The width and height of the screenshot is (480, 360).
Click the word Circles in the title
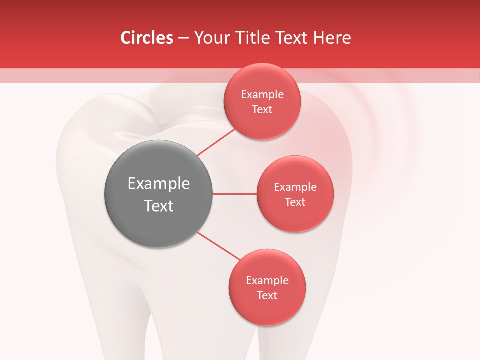147,38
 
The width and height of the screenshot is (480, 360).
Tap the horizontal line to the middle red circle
234,194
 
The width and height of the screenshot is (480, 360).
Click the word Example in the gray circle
159,184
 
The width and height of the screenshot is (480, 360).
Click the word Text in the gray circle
159,206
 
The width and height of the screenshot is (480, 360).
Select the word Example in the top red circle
262,95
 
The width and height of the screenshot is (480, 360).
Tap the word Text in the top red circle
262,110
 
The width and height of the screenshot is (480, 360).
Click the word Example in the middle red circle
295,187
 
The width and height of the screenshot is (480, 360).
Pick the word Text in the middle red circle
295,202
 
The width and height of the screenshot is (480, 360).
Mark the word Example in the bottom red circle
267,281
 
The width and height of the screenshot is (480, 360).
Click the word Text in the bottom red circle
267,296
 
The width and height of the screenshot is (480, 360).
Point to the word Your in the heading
210,38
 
